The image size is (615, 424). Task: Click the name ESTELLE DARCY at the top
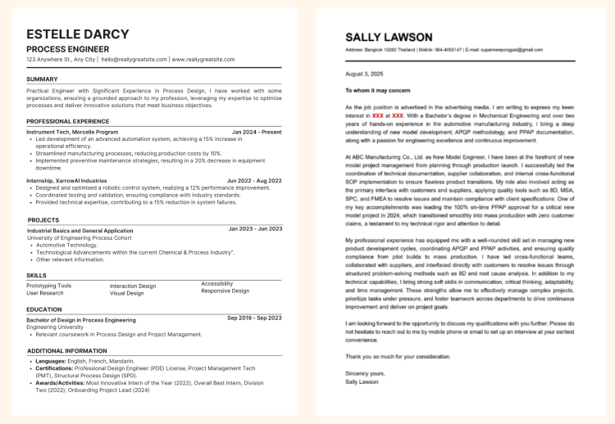[77, 34]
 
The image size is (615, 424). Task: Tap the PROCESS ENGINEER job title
[67, 49]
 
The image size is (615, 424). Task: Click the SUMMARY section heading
[42, 79]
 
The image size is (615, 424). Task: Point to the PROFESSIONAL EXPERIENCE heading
[67, 121]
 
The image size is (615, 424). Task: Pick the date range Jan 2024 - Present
[256, 132]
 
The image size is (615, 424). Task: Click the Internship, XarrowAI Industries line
[66, 180]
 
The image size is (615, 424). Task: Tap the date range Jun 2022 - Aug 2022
[254, 180]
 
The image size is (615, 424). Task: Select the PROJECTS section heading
[43, 220]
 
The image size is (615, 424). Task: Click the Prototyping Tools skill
[48, 286]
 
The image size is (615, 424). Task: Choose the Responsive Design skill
[225, 291]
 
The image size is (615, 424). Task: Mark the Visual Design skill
[127, 293]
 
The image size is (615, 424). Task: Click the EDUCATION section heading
[43, 309]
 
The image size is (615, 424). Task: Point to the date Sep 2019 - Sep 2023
[254, 318]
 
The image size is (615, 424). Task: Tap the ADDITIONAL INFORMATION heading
[66, 350]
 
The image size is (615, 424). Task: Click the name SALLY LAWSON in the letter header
[388, 38]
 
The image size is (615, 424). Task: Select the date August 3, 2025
[364, 74]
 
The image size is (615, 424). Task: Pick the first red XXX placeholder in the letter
[377, 116]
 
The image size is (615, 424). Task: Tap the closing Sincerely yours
[364, 374]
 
